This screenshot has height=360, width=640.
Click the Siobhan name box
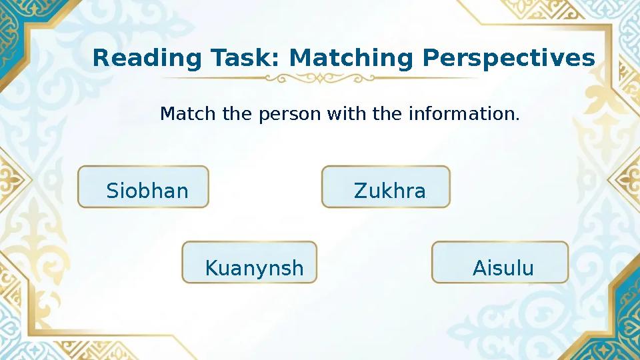pyautogui.click(x=143, y=187)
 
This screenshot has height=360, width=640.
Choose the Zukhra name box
pyautogui.click(x=386, y=187)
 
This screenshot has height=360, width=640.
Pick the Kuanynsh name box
pyautogui.click(x=249, y=263)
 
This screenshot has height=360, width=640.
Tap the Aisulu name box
pyautogui.click(x=500, y=263)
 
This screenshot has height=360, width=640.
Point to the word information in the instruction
pyautogui.click(x=460, y=115)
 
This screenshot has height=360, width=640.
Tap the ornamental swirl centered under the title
pyautogui.click(x=320, y=79)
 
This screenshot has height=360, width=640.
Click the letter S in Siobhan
pyautogui.click(x=112, y=192)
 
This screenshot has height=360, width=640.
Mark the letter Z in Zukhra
pyautogui.click(x=360, y=192)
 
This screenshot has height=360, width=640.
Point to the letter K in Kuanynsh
pyautogui.click(x=211, y=269)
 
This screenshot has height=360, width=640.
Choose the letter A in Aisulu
pyautogui.click(x=478, y=269)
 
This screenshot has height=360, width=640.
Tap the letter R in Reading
pyautogui.click(x=99, y=59)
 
